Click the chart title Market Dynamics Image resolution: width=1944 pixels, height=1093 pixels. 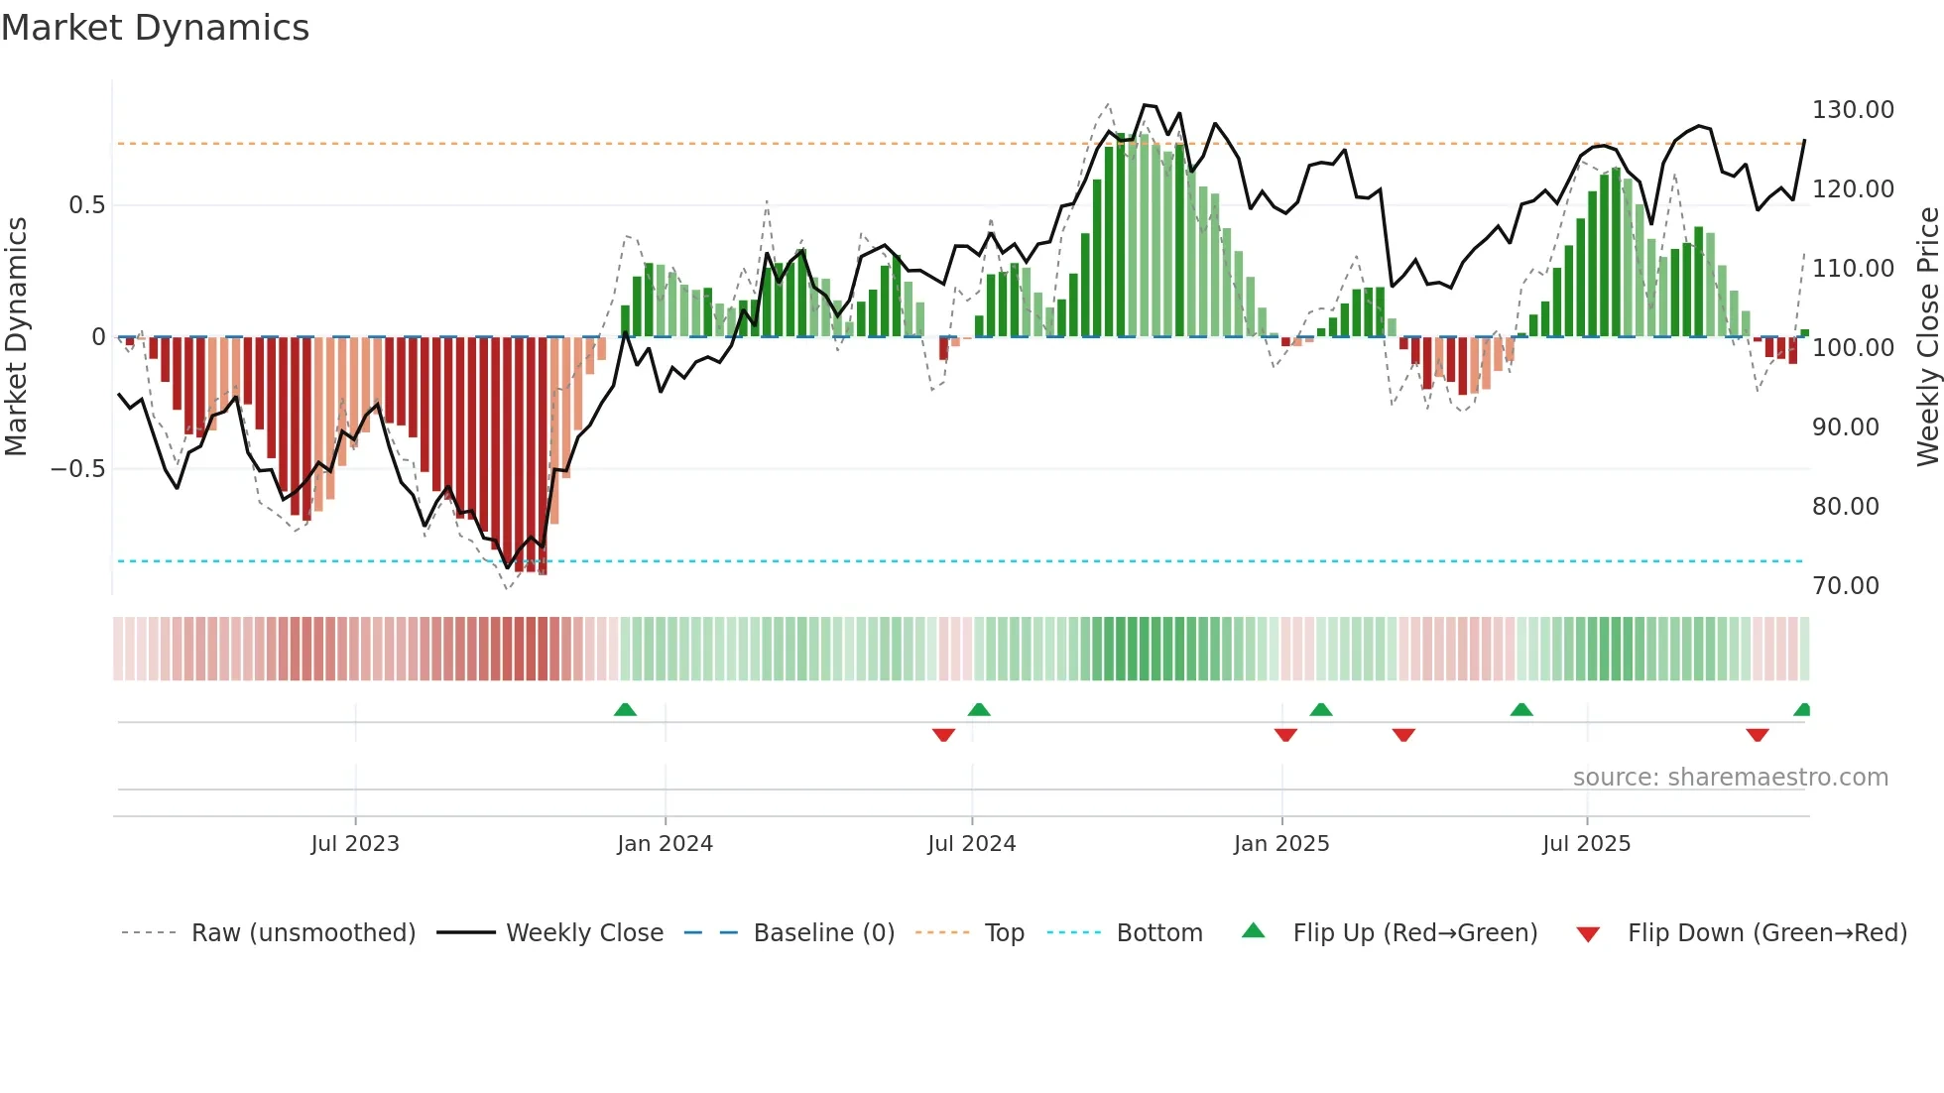pyautogui.click(x=156, y=28)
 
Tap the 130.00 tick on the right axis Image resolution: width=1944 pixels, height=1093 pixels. pyautogui.click(x=1853, y=110)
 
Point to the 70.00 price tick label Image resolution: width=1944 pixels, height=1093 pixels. pyautogui.click(x=1846, y=586)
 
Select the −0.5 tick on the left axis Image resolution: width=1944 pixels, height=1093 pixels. pyautogui.click(x=77, y=469)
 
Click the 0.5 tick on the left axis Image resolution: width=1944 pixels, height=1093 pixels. pyautogui.click(x=86, y=205)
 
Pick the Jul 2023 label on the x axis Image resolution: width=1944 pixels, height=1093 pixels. pyautogui.click(x=355, y=844)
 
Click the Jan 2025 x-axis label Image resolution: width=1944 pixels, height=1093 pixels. pyautogui.click(x=1281, y=844)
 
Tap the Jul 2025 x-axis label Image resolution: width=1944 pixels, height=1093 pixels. pyautogui.click(x=1586, y=844)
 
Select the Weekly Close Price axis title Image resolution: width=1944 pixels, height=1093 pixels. pyautogui.click(x=1927, y=336)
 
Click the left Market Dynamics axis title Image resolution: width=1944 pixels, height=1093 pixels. pyautogui.click(x=16, y=336)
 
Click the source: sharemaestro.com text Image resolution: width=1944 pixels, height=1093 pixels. pyautogui.click(x=1730, y=778)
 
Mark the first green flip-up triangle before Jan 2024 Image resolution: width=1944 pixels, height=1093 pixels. pyautogui.click(x=625, y=709)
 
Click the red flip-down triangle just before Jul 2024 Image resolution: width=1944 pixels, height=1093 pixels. pyautogui.click(x=943, y=735)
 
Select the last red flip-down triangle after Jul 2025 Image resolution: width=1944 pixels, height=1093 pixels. pyautogui.click(x=1758, y=735)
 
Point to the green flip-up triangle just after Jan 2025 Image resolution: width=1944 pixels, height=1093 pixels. pyautogui.click(x=1320, y=709)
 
